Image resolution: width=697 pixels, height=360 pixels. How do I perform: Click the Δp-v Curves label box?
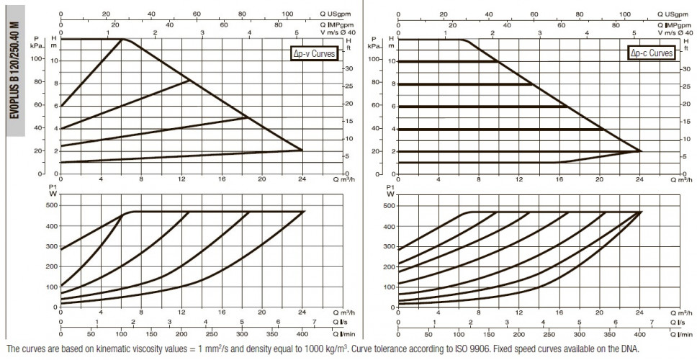coord(313,54)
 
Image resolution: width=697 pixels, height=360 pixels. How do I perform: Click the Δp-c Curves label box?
coord(652,53)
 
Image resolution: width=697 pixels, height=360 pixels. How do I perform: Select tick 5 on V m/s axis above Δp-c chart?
coord(634,32)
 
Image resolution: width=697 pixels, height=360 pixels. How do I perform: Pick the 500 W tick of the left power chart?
coord(51,205)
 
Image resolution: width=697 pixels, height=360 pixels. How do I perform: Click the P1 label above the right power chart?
coord(390,187)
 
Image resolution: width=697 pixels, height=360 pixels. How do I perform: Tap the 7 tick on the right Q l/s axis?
coord(652,323)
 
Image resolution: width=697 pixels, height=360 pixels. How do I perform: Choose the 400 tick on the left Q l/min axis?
coord(302,334)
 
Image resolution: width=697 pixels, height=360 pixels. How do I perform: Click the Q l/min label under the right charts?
coord(681,334)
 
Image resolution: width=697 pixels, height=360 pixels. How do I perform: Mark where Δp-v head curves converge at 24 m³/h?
coord(302,150)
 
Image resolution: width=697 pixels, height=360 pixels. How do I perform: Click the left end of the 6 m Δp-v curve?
coord(61,107)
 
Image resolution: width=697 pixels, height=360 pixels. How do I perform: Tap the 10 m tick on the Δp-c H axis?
coord(391,61)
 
